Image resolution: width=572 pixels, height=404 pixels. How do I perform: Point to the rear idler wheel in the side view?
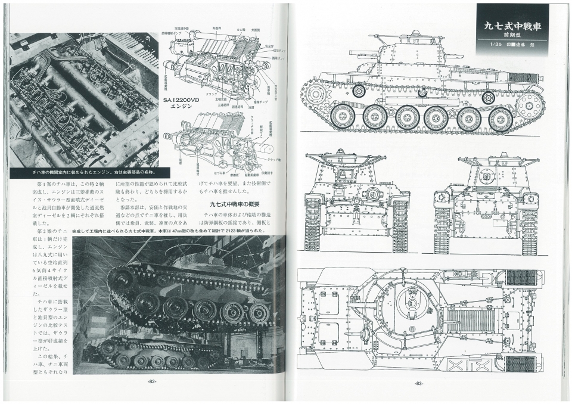click(529, 105)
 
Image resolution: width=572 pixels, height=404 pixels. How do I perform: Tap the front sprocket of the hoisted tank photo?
click(122, 278)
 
